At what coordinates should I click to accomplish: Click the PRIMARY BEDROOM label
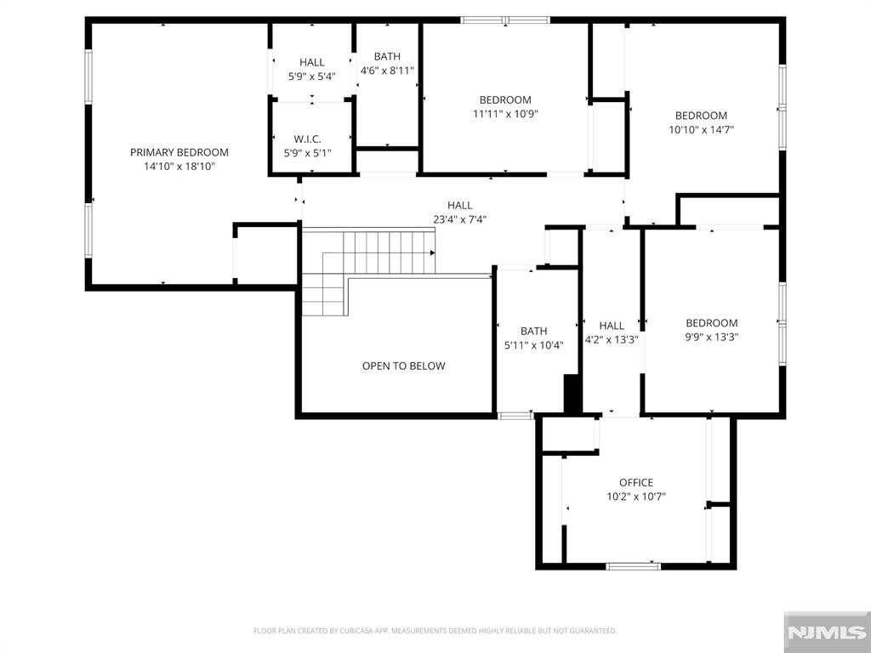click(x=179, y=152)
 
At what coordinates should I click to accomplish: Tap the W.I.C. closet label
click(x=308, y=139)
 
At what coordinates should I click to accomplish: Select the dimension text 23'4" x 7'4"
click(x=460, y=219)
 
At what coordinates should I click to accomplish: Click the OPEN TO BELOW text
click(x=404, y=366)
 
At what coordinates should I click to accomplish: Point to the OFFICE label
click(x=636, y=483)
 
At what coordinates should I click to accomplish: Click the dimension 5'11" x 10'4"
click(x=534, y=345)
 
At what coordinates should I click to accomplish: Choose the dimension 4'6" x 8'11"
click(x=387, y=71)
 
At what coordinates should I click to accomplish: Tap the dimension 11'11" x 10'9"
click(x=505, y=115)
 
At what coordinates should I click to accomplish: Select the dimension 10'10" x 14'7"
click(x=701, y=130)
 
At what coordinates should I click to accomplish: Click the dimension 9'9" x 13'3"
click(x=712, y=337)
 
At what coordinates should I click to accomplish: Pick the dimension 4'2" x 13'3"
click(x=612, y=340)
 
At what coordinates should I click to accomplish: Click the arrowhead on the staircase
click(x=432, y=253)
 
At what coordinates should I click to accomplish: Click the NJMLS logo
click(x=827, y=632)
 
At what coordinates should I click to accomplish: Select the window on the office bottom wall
click(x=633, y=566)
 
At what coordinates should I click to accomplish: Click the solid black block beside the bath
click(x=572, y=394)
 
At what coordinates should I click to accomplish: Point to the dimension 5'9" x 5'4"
click(x=311, y=77)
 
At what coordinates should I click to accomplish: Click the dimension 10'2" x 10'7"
click(x=636, y=497)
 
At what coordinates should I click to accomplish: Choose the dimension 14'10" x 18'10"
click(x=179, y=167)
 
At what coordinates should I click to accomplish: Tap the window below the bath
click(x=515, y=415)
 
